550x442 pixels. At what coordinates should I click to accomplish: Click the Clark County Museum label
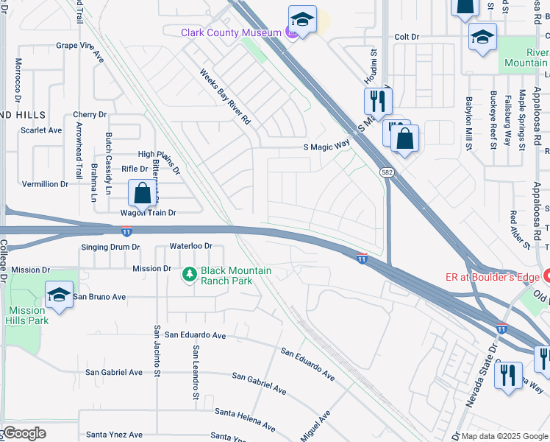[x=232, y=32]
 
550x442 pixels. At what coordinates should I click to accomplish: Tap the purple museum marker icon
[x=292, y=33]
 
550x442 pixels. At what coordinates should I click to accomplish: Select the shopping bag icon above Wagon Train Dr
[x=143, y=194]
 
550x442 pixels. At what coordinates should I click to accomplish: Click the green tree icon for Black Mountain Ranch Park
[x=190, y=275]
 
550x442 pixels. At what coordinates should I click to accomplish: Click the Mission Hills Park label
[x=28, y=315]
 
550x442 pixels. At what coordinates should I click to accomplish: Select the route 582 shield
[x=386, y=172]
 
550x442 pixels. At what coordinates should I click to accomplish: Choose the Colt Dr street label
[x=406, y=36]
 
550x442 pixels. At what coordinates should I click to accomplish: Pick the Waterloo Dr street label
[x=190, y=245]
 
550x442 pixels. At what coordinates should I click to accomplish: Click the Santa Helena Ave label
[x=242, y=422]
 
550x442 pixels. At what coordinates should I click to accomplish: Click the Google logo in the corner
[x=24, y=433]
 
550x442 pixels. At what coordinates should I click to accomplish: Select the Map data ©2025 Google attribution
[x=504, y=436]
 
